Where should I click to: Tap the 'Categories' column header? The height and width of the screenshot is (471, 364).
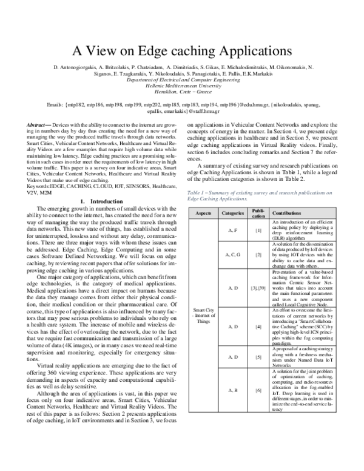pyautogui.click(x=233, y=214)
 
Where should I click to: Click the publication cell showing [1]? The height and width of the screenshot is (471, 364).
pyautogui.click(x=258, y=232)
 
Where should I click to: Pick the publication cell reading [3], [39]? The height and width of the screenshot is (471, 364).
pyautogui.click(x=258, y=287)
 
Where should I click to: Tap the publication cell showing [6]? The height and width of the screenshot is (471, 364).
pyautogui.click(x=258, y=390)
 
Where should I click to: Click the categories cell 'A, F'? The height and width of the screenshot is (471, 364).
pyautogui.click(x=233, y=232)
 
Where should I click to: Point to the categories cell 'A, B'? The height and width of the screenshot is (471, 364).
pyautogui.click(x=233, y=390)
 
